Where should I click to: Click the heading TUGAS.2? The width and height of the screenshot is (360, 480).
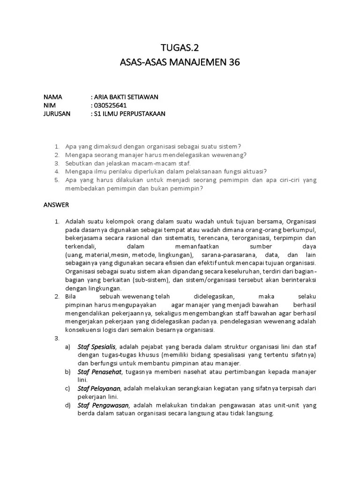pos(180,47)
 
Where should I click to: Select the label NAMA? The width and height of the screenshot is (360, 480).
pos(53,97)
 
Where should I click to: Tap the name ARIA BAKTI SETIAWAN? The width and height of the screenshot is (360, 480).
pos(126,97)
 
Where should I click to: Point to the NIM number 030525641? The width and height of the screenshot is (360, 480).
pos(111,105)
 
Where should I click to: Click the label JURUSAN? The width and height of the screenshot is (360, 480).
pos(57,114)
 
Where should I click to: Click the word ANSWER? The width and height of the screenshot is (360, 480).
pos(56,205)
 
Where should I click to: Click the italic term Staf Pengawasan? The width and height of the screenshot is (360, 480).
pos(103,405)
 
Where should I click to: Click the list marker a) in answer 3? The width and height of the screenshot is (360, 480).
pos(68,346)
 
